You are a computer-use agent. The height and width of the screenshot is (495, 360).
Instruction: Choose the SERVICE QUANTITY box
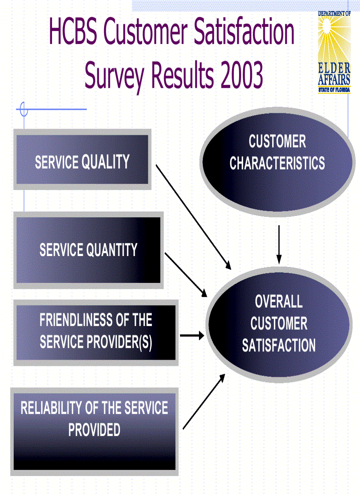88,250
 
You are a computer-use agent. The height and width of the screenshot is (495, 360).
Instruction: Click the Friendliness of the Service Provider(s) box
96,331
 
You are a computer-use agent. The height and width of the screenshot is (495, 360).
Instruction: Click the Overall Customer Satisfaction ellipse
279,324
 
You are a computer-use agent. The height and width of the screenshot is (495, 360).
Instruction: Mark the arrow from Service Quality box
193,216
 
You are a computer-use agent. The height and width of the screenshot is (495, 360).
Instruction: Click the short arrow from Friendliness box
192,336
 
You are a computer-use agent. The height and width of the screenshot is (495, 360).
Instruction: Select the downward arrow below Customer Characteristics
279,245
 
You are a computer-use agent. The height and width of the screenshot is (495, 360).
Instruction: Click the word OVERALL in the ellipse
279,302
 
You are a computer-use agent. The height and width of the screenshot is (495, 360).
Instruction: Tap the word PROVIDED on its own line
94,430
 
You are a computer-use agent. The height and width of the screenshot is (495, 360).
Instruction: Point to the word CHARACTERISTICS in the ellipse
277,164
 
